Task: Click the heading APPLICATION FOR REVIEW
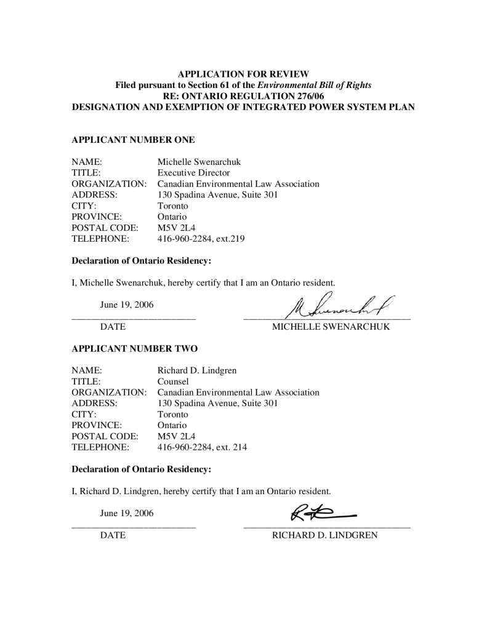click(243, 74)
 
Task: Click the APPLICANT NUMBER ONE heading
click(134, 140)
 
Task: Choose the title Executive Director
click(194, 173)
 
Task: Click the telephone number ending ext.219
click(201, 239)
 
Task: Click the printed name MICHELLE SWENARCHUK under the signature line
click(331, 327)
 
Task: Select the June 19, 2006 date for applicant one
click(127, 304)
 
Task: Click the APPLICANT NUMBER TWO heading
click(135, 348)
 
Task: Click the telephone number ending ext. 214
click(203, 447)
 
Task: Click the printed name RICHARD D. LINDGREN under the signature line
click(324, 535)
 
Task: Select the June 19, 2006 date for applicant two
click(127, 512)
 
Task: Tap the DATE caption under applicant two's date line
click(113, 535)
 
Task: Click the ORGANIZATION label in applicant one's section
click(109, 184)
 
